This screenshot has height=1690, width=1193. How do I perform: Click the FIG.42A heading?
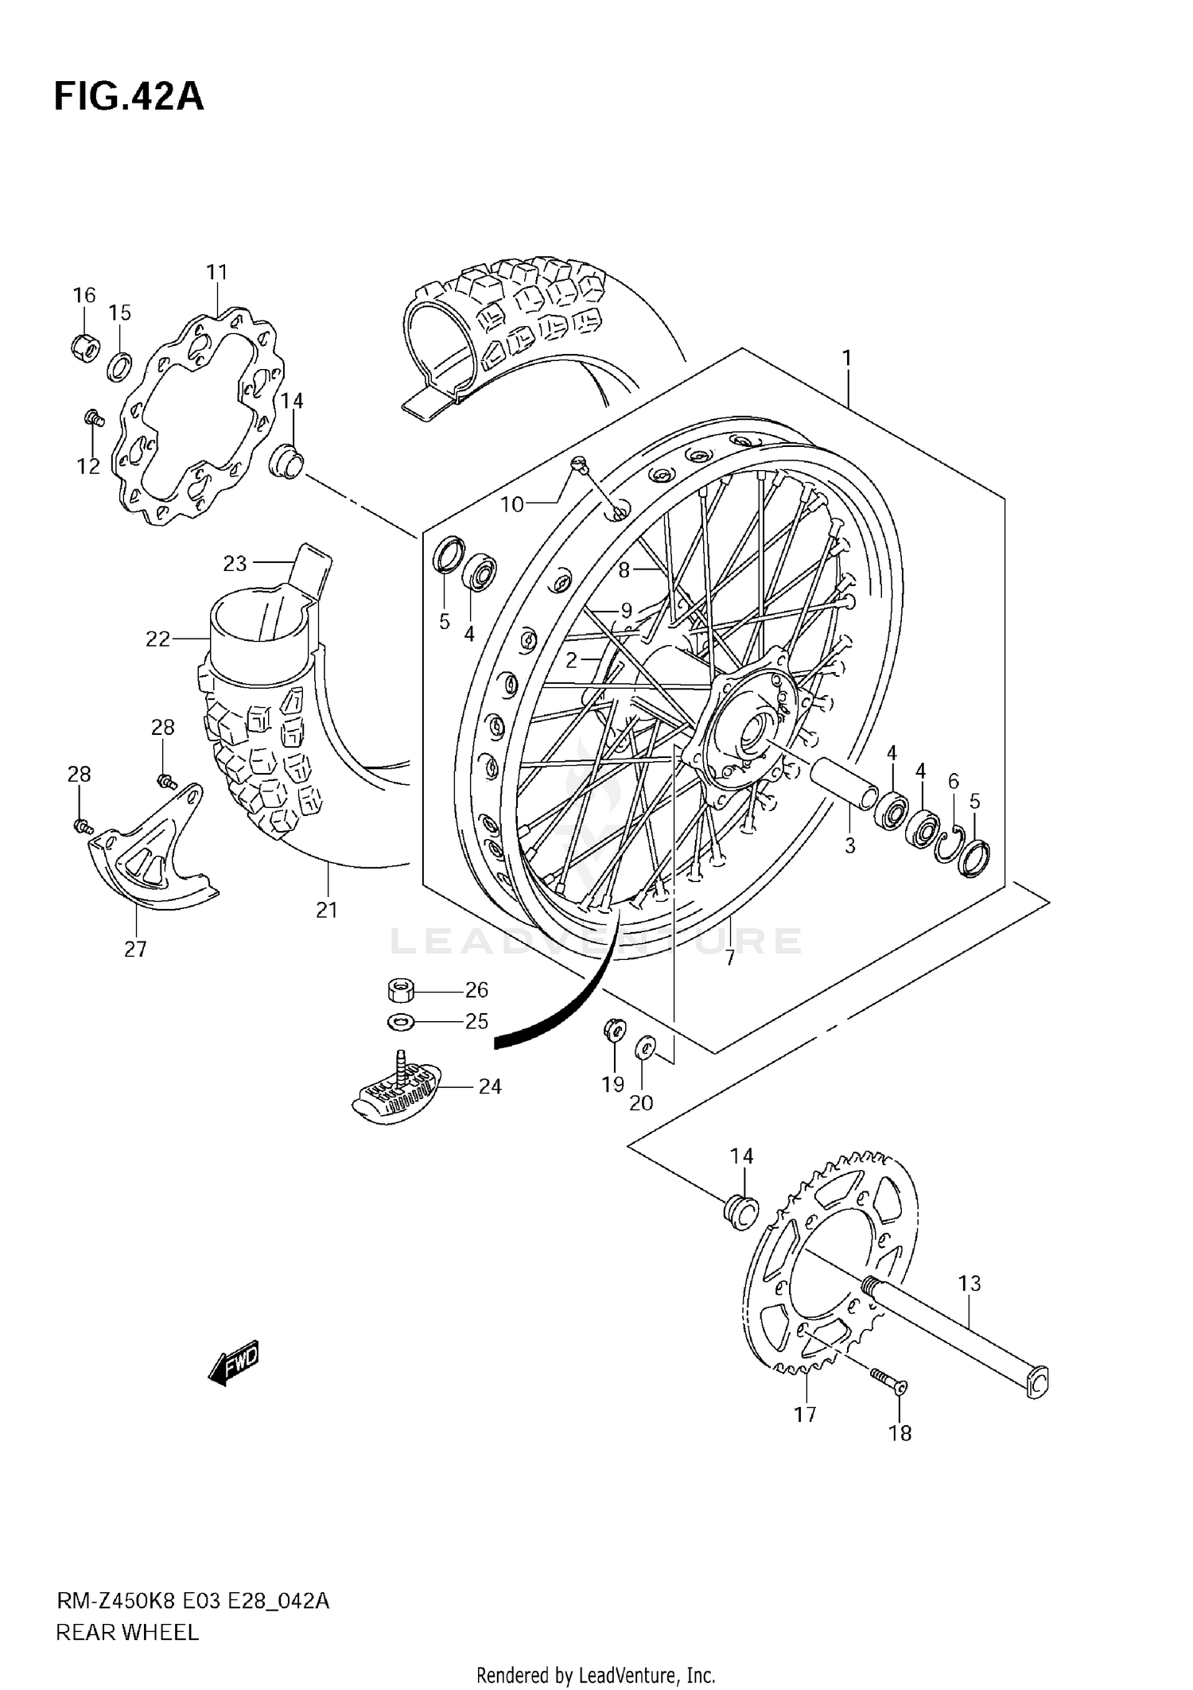(x=129, y=96)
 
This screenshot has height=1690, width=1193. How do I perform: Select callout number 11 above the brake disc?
(x=217, y=272)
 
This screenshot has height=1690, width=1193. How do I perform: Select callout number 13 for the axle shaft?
(x=970, y=1283)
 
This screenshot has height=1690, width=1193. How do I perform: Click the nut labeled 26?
(x=401, y=991)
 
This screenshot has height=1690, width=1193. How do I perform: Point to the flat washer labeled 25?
(x=400, y=1022)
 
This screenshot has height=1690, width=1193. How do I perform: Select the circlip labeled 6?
(x=950, y=843)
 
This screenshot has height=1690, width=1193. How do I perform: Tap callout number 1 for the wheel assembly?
(x=847, y=359)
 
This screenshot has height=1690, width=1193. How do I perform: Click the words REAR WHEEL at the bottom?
(x=127, y=1632)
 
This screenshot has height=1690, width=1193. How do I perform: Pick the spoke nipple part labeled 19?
(x=614, y=1030)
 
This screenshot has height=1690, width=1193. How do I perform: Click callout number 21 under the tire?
(x=327, y=910)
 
